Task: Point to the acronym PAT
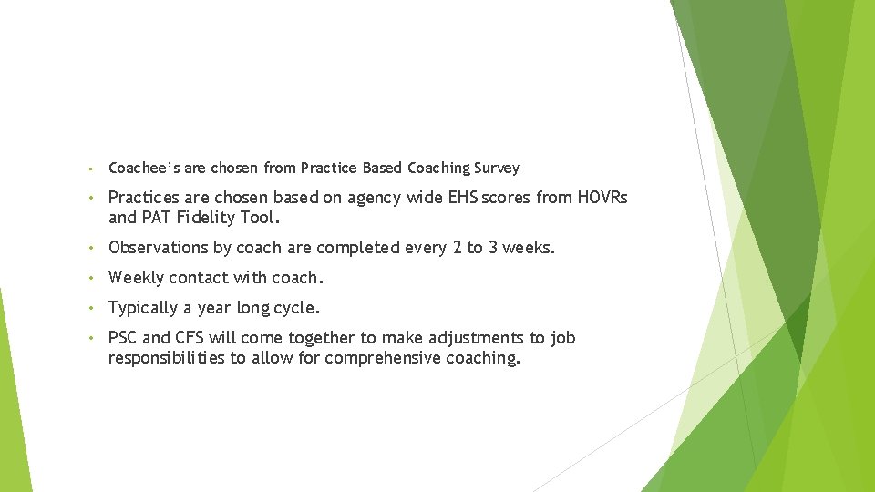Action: pos(158,218)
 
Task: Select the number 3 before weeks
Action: pos(493,247)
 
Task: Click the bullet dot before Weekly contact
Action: pos(93,278)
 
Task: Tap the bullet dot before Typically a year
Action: pos(93,308)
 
